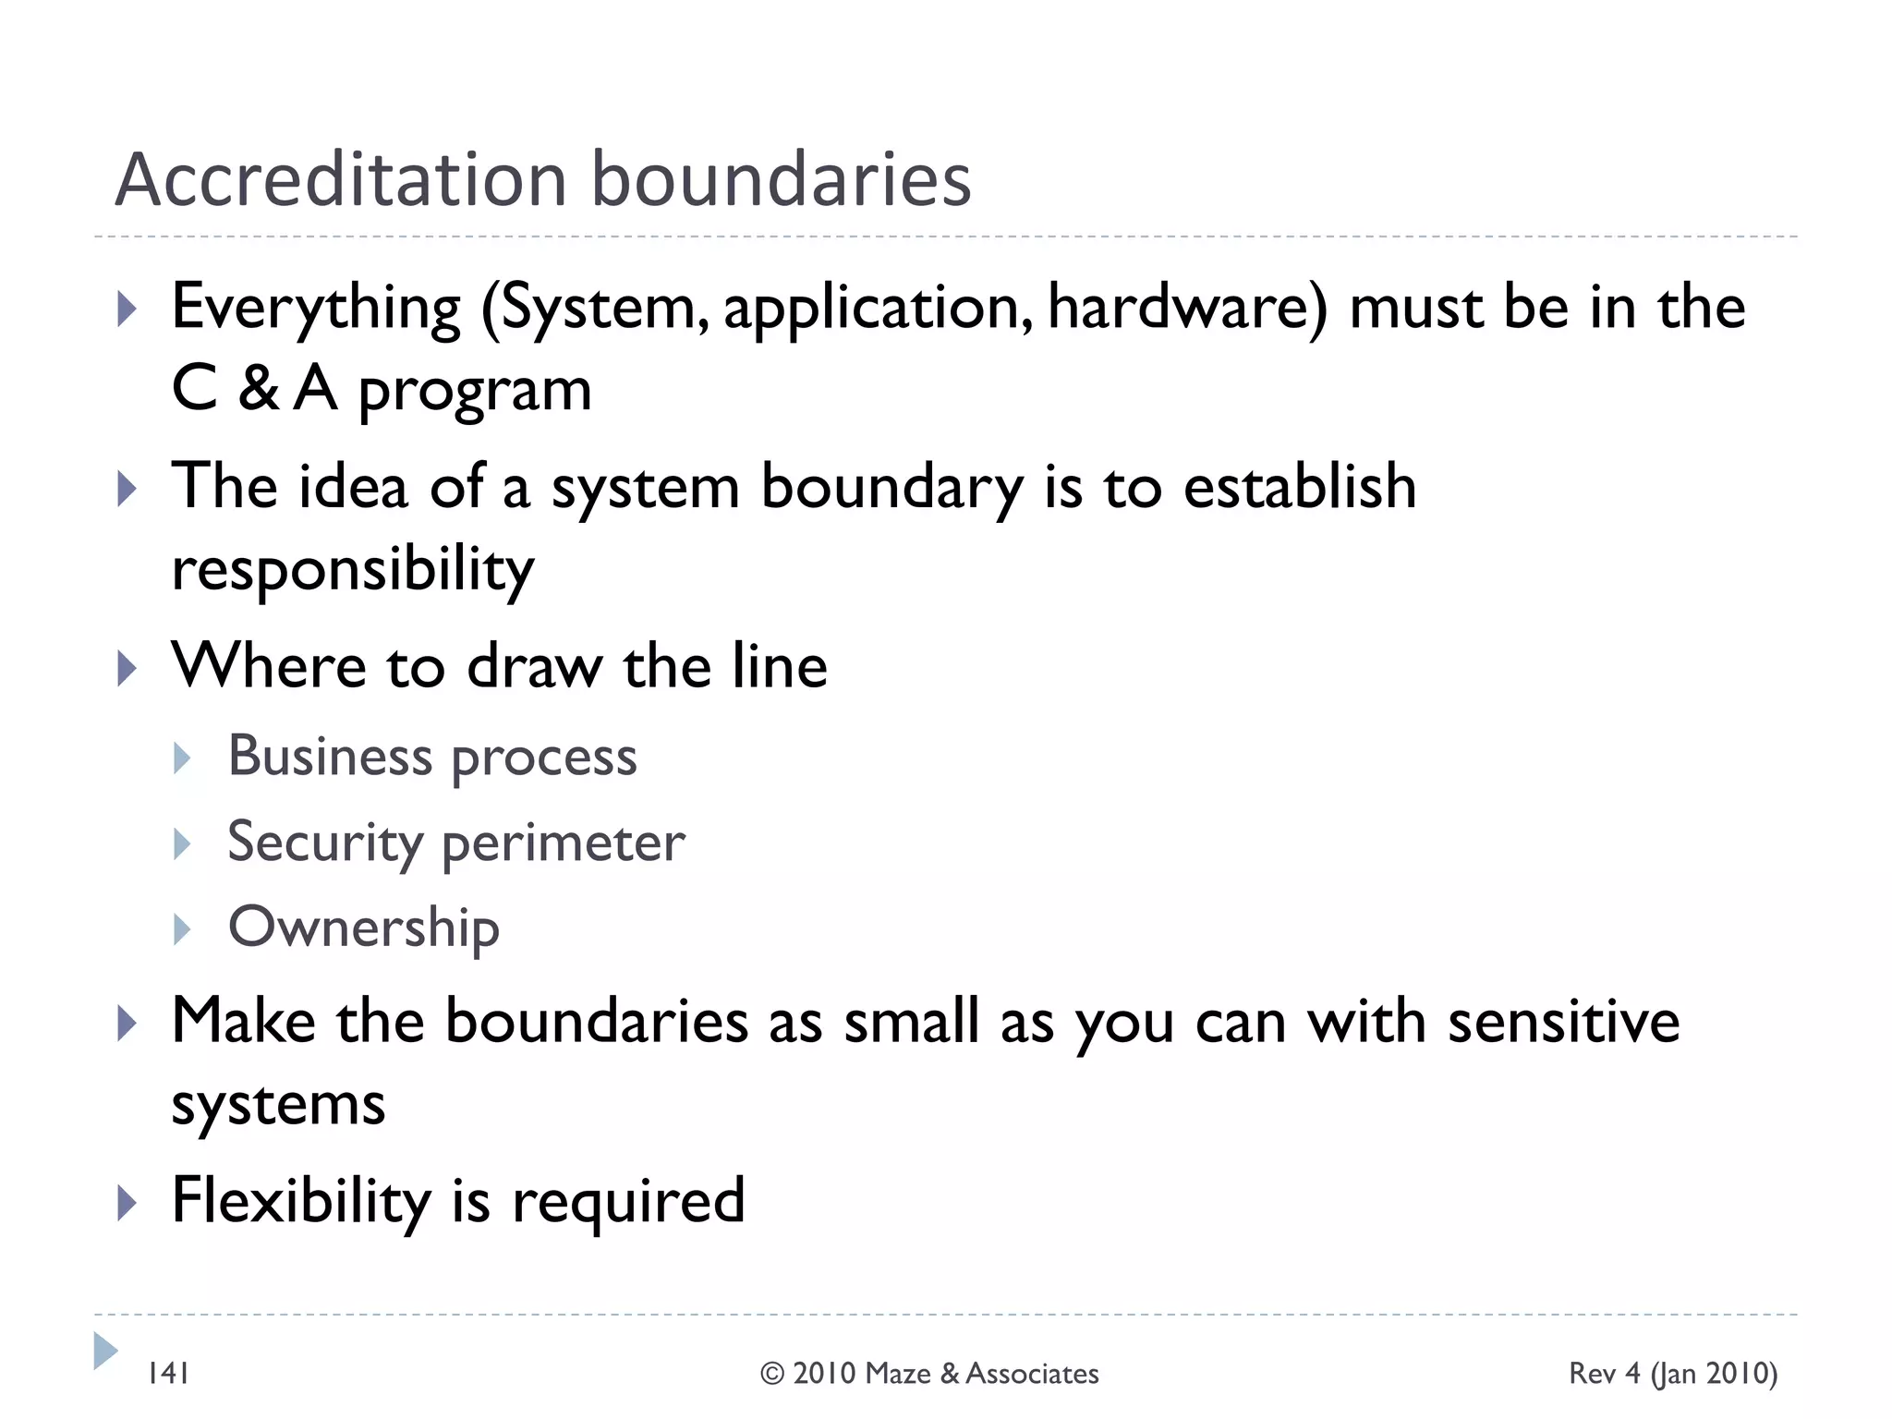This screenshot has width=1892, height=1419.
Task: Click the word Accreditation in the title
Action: click(340, 179)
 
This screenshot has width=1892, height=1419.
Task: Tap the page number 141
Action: click(168, 1374)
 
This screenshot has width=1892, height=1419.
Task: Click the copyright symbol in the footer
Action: click(772, 1375)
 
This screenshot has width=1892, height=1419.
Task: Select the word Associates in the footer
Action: click(1032, 1375)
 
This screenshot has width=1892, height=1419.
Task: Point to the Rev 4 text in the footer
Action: click(1605, 1374)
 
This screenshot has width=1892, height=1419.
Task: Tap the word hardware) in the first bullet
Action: click(1187, 308)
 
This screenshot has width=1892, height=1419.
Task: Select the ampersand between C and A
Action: click(258, 389)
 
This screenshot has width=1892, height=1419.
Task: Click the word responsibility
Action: click(353, 569)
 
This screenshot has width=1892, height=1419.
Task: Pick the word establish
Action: click(1300, 487)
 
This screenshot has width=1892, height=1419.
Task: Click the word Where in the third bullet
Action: click(269, 666)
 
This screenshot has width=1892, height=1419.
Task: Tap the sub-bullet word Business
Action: click(330, 757)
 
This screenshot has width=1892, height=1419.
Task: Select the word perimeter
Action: click(564, 843)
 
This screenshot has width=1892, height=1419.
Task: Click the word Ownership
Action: click(363, 928)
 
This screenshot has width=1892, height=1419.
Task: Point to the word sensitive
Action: click(1563, 1022)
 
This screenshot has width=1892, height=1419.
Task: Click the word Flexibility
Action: click(301, 1201)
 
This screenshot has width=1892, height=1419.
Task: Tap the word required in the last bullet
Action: click(628, 1201)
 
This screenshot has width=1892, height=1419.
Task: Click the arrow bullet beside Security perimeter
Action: click(183, 843)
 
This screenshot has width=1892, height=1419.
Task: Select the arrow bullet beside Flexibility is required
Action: click(127, 1203)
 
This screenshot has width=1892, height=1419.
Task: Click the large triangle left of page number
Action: click(105, 1351)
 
